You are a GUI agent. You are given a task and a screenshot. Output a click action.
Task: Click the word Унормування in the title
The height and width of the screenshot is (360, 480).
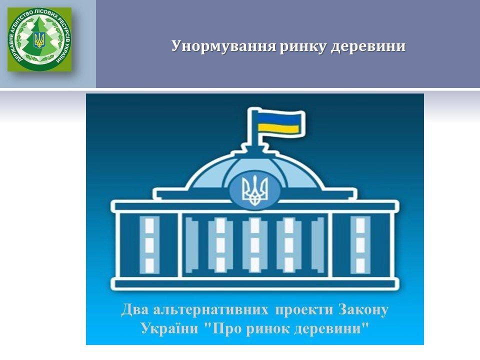click(224, 46)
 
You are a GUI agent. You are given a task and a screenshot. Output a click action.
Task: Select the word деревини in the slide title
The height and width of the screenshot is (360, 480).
click(368, 46)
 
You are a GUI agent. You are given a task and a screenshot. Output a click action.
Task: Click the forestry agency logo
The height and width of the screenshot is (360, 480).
click(39, 39)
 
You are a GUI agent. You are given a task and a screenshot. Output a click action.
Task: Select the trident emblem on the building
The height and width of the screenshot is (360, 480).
click(254, 191)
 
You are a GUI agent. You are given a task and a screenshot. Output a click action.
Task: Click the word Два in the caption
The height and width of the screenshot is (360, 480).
click(134, 309)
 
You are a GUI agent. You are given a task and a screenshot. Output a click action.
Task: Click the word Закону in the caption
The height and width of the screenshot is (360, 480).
click(363, 310)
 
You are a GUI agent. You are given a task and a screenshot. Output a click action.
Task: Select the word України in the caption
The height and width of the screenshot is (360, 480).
click(169, 328)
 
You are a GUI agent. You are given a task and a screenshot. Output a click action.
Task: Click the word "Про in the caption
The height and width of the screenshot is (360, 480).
click(223, 328)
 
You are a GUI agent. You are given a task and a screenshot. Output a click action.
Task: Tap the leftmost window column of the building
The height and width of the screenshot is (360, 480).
click(149, 245)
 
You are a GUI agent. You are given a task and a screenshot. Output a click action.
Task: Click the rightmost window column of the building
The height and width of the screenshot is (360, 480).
click(360, 245)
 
